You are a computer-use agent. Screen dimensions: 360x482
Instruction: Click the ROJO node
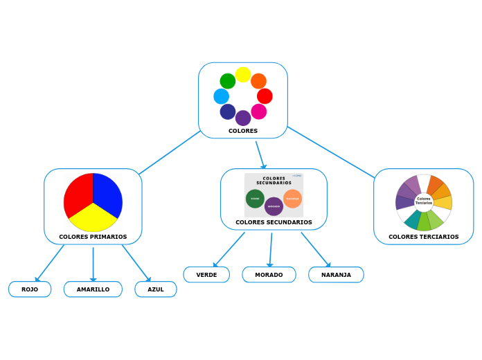tap(30, 289)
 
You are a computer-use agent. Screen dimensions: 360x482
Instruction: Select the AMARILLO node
tap(93, 289)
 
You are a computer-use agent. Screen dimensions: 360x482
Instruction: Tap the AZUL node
tap(156, 289)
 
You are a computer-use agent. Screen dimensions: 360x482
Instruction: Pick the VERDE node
tap(206, 275)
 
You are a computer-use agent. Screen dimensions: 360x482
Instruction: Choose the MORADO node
tap(269, 275)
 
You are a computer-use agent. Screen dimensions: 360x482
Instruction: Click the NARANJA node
tap(336, 275)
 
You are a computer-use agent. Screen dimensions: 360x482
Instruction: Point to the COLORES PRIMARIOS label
tap(93, 237)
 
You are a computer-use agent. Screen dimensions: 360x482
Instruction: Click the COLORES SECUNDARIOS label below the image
tap(274, 222)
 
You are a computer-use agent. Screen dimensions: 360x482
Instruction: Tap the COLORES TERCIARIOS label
tap(423, 237)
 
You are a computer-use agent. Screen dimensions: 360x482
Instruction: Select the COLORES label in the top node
tap(243, 131)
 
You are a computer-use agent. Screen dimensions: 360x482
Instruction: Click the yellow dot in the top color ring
tap(243, 75)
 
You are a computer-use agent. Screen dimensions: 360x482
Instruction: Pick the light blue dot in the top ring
tap(221, 96)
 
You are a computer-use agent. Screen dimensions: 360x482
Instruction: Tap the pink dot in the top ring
tap(259, 111)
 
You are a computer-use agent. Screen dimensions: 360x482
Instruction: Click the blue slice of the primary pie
tap(108, 194)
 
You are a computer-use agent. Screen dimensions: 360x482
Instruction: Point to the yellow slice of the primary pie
tap(93, 219)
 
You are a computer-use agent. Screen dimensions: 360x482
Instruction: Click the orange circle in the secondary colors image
tap(292, 199)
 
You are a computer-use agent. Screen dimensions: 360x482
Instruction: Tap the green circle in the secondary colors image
tap(255, 199)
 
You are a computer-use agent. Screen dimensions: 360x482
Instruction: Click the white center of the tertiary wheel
tap(424, 201)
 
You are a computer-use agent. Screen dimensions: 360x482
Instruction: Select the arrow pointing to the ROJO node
tap(38, 278)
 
